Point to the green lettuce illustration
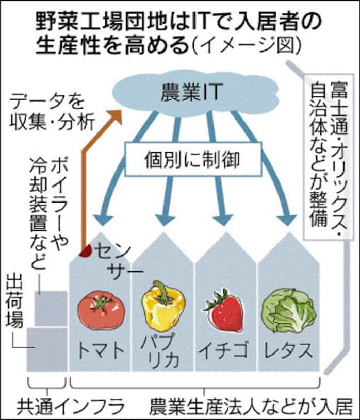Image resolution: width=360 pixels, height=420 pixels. point(288,311)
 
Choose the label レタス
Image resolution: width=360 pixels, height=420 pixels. point(288,351)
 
